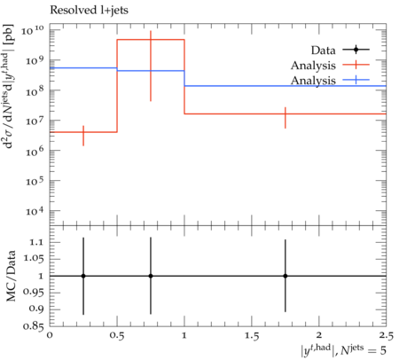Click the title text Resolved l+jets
tap(89, 11)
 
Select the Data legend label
tap(323, 51)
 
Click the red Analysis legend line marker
tap(356, 65)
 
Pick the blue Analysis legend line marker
tap(356, 80)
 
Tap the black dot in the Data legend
tap(356, 50)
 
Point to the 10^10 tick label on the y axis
tap(33, 30)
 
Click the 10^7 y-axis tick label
tap(35, 121)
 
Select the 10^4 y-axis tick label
tap(35, 211)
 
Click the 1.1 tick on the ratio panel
tap(36, 242)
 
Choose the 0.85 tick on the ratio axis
tap(34, 326)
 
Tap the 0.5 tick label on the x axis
tap(117, 335)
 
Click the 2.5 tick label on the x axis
tap(386, 335)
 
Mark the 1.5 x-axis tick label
tap(252, 335)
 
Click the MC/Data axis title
tap(11, 276)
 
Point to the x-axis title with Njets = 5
tap(343, 350)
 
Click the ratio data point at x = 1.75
tap(286, 276)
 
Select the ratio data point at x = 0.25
tap(83, 276)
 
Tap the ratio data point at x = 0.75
tap(151, 276)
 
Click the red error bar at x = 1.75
tap(286, 118)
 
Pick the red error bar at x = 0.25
tap(83, 136)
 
